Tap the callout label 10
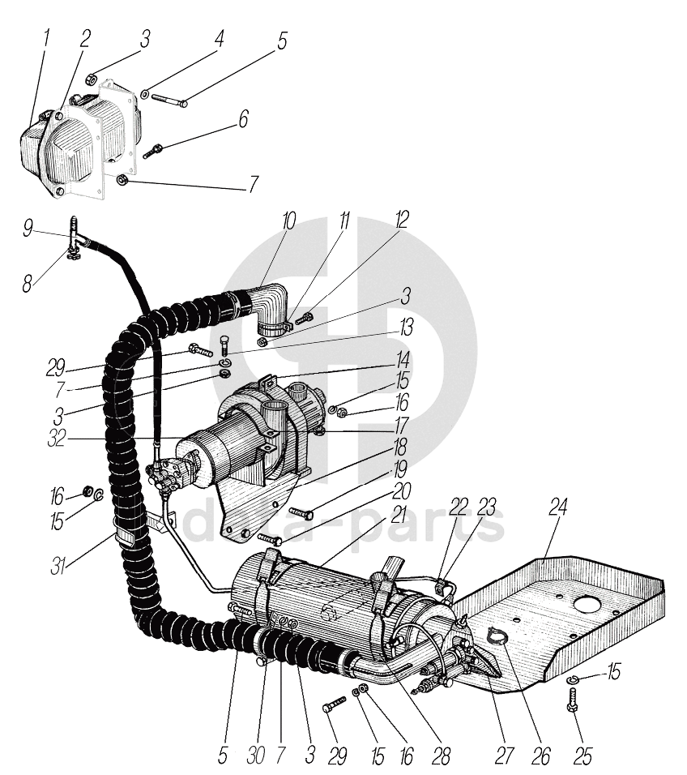point(289,221)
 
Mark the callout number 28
point(440,756)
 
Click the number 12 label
point(402,220)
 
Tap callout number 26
point(540,756)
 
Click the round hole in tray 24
point(584,606)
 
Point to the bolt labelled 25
point(573,698)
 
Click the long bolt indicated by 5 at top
point(168,101)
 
